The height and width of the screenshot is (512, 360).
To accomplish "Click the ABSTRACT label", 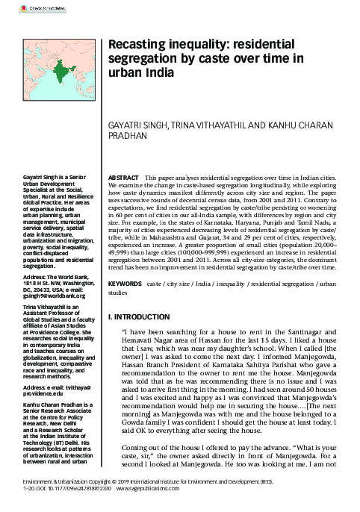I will click(x=125, y=176).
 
